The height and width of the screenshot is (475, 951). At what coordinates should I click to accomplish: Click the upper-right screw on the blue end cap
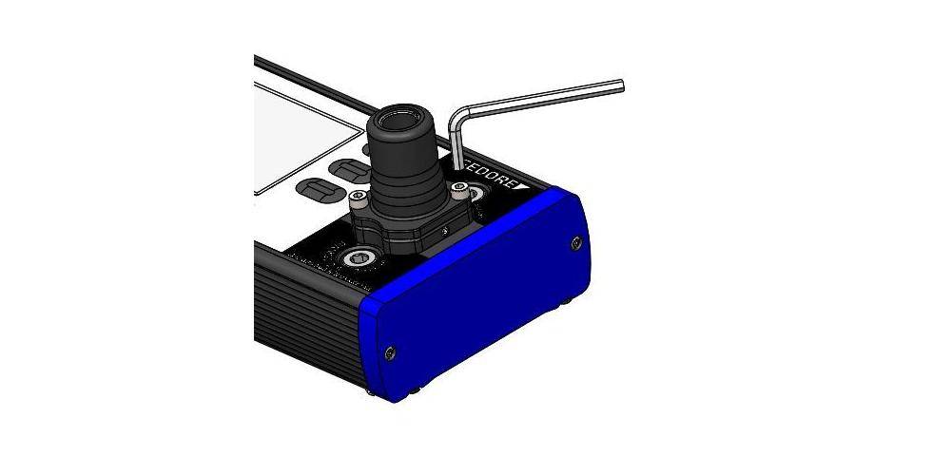[x=576, y=244]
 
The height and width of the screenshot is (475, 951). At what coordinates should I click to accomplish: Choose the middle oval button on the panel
[x=351, y=172]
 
